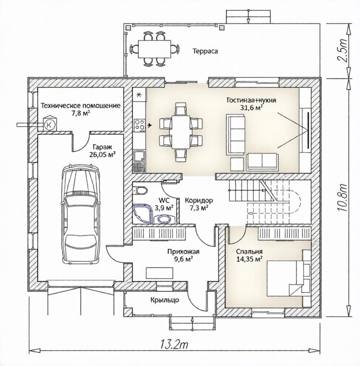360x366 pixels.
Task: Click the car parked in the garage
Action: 80,213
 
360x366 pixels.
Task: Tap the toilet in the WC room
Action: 140,190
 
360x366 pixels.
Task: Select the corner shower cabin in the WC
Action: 142,213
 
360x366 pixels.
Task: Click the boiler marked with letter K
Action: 50,124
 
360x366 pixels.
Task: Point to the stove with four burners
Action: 139,125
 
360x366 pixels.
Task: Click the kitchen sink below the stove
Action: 139,156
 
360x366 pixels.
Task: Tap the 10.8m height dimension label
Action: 343,198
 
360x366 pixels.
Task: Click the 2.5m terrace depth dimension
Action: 343,51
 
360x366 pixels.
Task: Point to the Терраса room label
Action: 205,51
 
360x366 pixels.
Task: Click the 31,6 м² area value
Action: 251,107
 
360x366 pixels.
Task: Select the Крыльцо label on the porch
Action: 165,300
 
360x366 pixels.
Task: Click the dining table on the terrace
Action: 154,49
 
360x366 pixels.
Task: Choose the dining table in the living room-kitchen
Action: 181,132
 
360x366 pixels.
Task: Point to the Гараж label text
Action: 103,147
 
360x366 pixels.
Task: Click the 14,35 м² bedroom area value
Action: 249,259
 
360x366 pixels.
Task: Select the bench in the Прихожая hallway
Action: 160,273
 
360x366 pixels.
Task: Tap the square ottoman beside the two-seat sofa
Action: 237,164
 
